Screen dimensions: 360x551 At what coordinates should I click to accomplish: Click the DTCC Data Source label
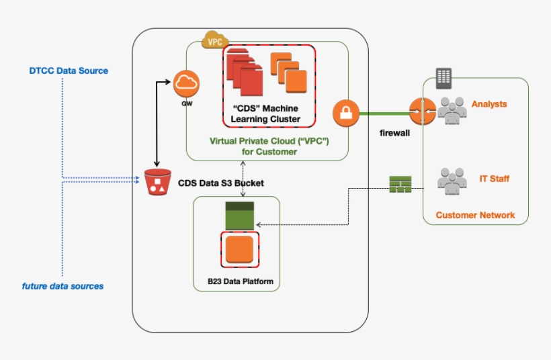69,71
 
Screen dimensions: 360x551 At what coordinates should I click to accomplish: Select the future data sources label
62,286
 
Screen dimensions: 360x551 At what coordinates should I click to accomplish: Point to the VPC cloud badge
215,40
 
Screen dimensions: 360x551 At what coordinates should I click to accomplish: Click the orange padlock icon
345,113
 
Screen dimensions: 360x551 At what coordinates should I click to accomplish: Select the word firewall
394,134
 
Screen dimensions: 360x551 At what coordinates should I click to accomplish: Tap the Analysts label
489,104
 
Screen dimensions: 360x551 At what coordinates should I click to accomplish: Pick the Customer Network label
475,215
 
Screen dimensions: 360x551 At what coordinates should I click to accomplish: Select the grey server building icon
443,79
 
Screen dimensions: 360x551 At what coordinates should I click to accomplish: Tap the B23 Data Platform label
240,281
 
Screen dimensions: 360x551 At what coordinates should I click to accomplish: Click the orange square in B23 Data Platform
240,249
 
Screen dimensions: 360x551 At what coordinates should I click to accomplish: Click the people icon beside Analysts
452,109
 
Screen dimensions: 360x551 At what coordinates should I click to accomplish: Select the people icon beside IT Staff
452,179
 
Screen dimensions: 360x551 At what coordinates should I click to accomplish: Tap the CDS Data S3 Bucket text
221,183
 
